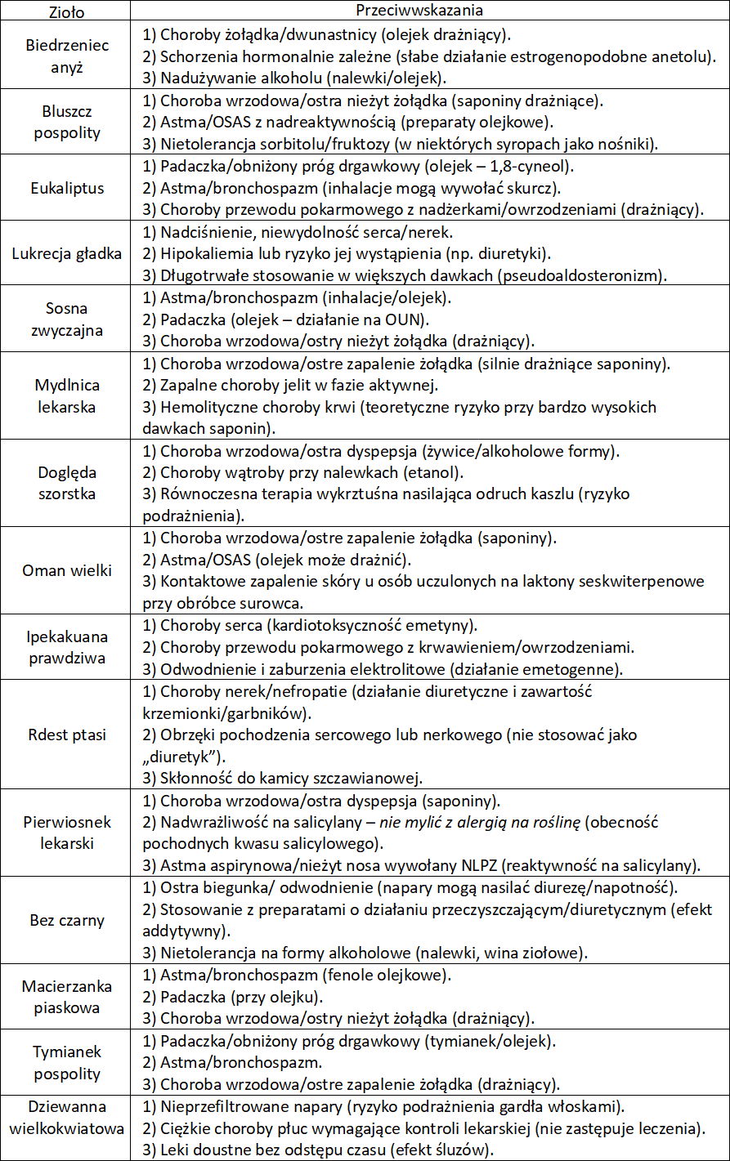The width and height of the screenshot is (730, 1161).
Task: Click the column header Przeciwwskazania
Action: (419, 10)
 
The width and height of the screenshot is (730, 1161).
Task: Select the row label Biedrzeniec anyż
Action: (68, 57)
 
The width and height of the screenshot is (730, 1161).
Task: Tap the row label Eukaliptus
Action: (68, 188)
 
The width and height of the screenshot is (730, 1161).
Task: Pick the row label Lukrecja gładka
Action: (67, 253)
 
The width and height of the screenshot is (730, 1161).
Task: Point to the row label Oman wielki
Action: (67, 570)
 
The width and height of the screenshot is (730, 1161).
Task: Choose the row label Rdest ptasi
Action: (68, 735)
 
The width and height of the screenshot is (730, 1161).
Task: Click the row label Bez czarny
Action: (68, 921)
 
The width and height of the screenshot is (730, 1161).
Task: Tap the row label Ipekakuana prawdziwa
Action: (68, 647)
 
